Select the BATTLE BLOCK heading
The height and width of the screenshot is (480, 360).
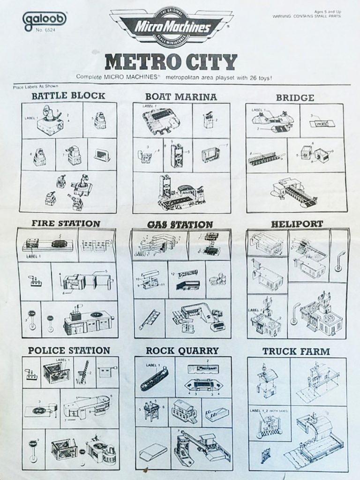[68, 97]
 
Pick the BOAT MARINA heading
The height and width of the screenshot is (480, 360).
[181, 97]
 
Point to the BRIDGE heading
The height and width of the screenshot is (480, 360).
[295, 97]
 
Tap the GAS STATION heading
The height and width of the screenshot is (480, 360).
[180, 225]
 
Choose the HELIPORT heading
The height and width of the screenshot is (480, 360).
[297, 224]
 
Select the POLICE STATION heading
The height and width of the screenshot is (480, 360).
[69, 350]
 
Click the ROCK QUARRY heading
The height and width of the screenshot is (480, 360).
[182, 351]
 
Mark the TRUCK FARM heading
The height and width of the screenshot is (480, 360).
[296, 351]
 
